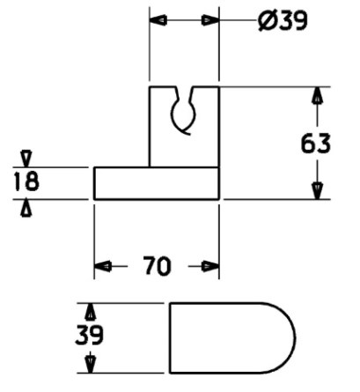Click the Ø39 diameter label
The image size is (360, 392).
(283, 20)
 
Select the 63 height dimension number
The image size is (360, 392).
(316, 144)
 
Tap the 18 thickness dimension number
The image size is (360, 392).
(26, 181)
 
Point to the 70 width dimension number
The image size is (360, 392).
(157, 266)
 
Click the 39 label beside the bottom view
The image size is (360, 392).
(90, 335)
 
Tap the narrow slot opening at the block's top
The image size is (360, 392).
(185, 93)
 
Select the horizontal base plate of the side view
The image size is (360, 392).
(157, 183)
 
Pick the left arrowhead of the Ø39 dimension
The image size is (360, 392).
(158, 20)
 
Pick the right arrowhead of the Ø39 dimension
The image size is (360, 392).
(210, 20)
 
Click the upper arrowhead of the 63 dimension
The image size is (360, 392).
(316, 95)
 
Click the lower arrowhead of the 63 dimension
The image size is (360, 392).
(317, 191)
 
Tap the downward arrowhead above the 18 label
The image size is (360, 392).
(26, 159)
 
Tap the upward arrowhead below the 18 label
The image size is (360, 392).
(26, 208)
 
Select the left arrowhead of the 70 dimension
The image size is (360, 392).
(103, 266)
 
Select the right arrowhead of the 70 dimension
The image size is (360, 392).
(210, 266)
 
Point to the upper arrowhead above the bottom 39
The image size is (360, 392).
(91, 312)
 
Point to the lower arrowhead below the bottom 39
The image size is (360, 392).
(91, 365)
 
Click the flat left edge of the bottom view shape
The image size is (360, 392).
(170, 338)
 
